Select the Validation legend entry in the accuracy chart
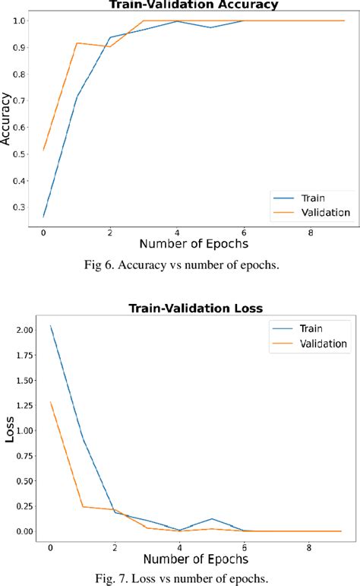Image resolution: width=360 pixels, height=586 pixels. [x=324, y=213]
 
